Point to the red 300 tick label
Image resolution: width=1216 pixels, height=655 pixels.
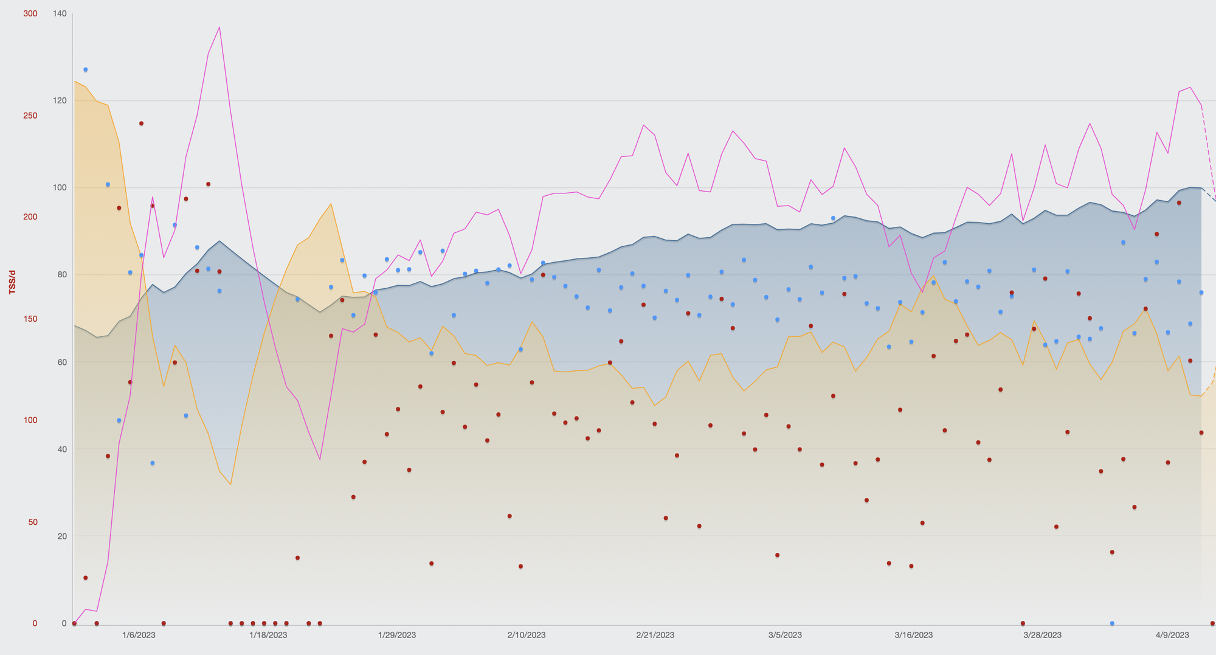click(30, 13)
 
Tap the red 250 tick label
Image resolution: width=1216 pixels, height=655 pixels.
click(30, 116)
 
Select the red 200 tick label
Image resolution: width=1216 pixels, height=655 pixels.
click(30, 217)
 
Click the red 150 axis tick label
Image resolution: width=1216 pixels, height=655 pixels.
click(30, 319)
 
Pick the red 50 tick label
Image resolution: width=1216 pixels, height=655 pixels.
click(30, 522)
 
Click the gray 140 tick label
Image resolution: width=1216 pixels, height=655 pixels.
click(60, 13)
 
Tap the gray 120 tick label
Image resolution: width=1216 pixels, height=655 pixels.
click(60, 100)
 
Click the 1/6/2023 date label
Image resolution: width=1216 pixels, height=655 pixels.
click(139, 635)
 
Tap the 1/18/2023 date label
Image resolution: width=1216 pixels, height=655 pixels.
click(268, 635)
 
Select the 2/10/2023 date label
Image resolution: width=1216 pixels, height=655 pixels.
click(527, 635)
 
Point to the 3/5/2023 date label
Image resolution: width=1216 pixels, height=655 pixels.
click(785, 635)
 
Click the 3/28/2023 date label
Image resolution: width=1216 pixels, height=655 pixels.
click(1043, 635)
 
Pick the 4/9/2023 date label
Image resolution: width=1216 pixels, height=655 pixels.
click(1172, 635)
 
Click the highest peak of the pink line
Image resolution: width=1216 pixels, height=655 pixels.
click(219, 27)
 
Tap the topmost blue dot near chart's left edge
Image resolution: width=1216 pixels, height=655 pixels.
click(85, 70)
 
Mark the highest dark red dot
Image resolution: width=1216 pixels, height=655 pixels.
click(141, 123)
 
